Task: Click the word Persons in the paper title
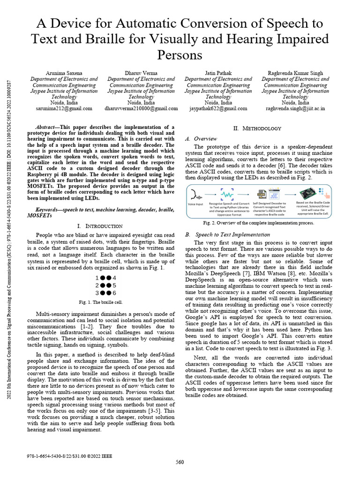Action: pos(180,55)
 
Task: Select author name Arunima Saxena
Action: pos(64,74)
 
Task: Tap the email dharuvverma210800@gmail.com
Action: pos(141,108)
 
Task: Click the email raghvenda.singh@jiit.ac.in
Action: pos(295,108)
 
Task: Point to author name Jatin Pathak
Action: pos(218,74)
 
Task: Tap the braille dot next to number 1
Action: pos(103,277)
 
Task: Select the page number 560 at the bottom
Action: pos(180,462)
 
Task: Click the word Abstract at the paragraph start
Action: pos(46,127)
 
